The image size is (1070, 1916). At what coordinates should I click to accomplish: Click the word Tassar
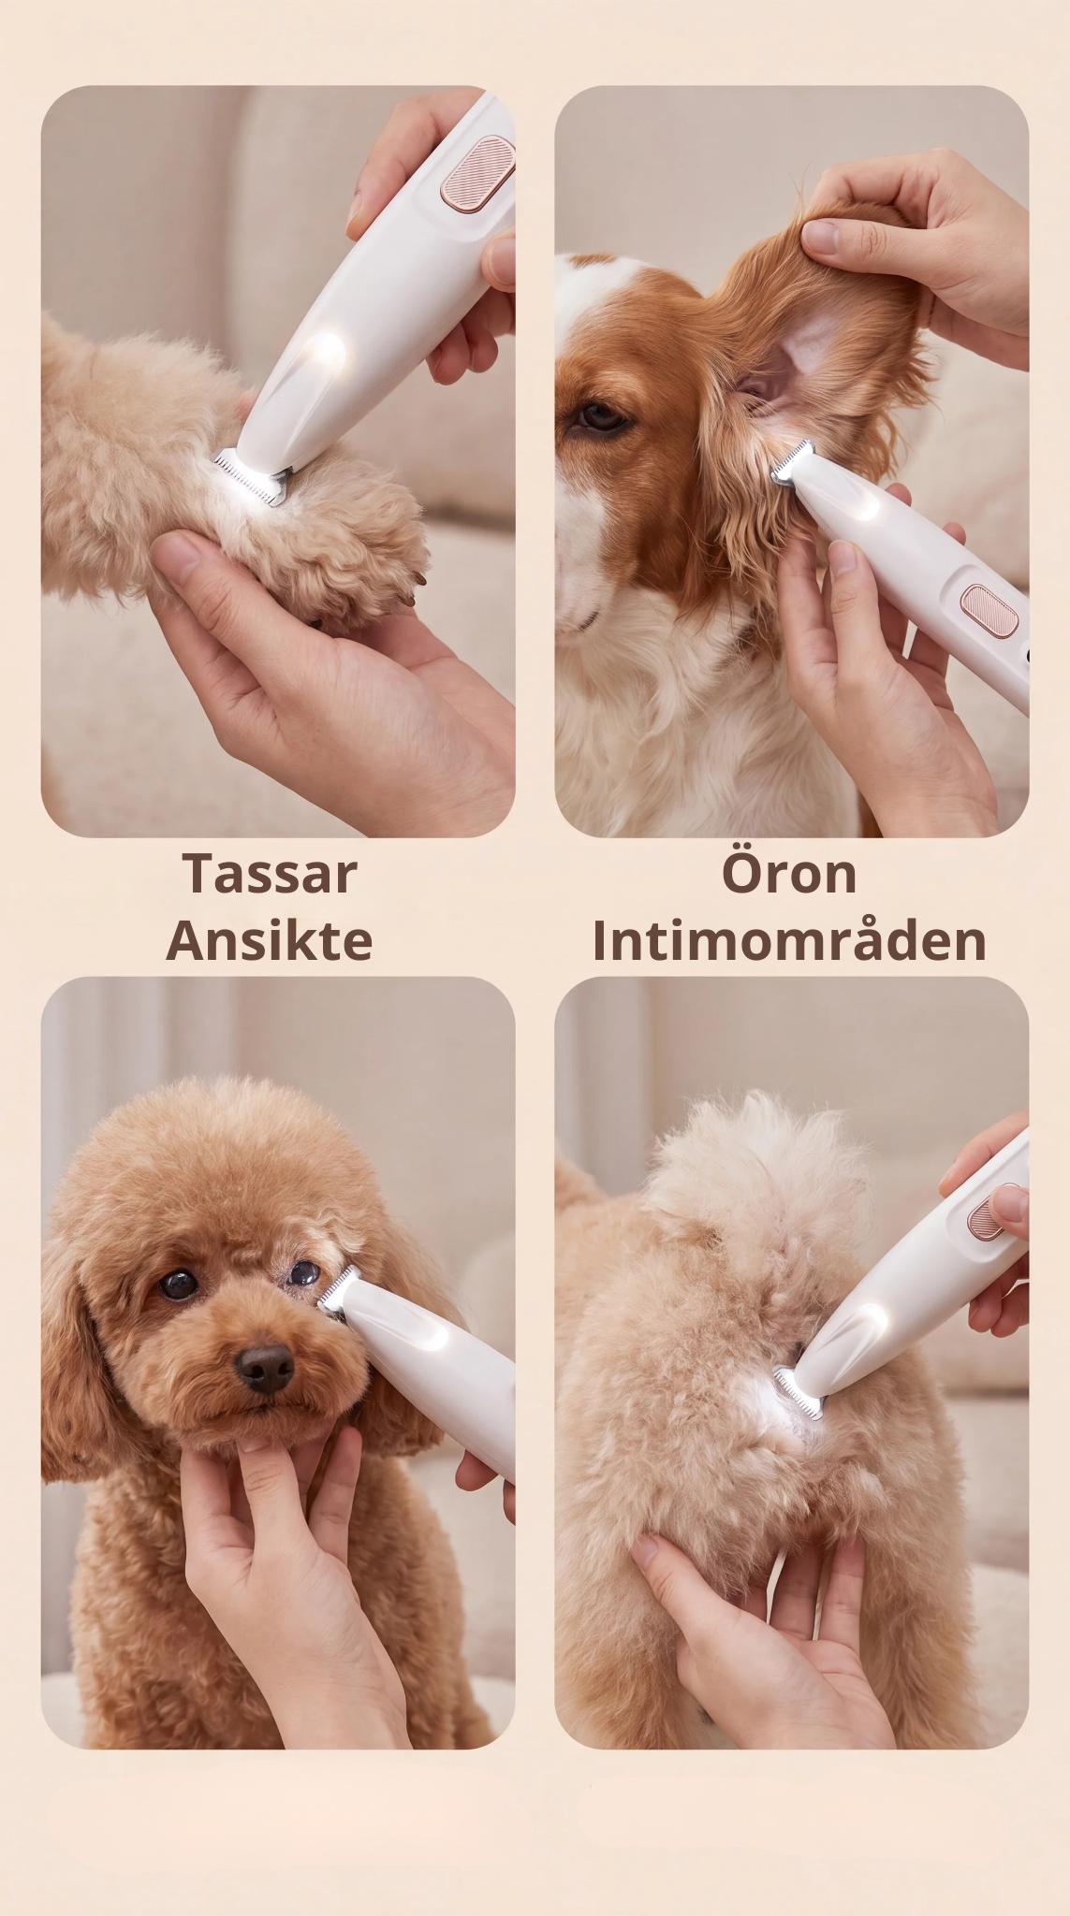[x=270, y=874]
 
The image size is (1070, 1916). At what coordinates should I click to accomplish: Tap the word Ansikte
[x=270, y=941]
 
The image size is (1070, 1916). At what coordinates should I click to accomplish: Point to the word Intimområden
[x=789, y=941]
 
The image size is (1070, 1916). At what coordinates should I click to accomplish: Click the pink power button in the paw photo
[x=478, y=171]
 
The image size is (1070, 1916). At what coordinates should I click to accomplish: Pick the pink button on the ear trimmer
[x=989, y=611]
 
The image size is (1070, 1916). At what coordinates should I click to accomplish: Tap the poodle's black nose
[x=265, y=1369]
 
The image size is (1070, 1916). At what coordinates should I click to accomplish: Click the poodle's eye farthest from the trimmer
[x=178, y=1285]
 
